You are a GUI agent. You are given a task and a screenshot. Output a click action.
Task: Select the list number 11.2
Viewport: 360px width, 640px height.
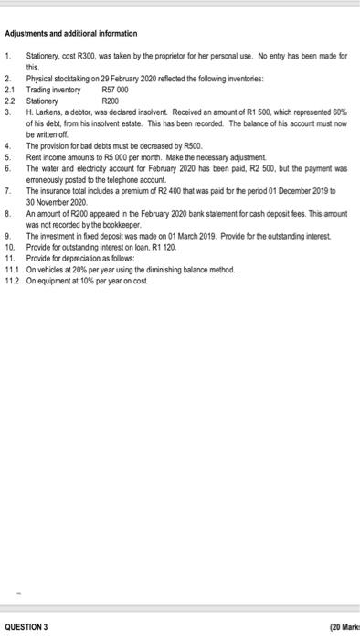[x=12, y=280]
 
